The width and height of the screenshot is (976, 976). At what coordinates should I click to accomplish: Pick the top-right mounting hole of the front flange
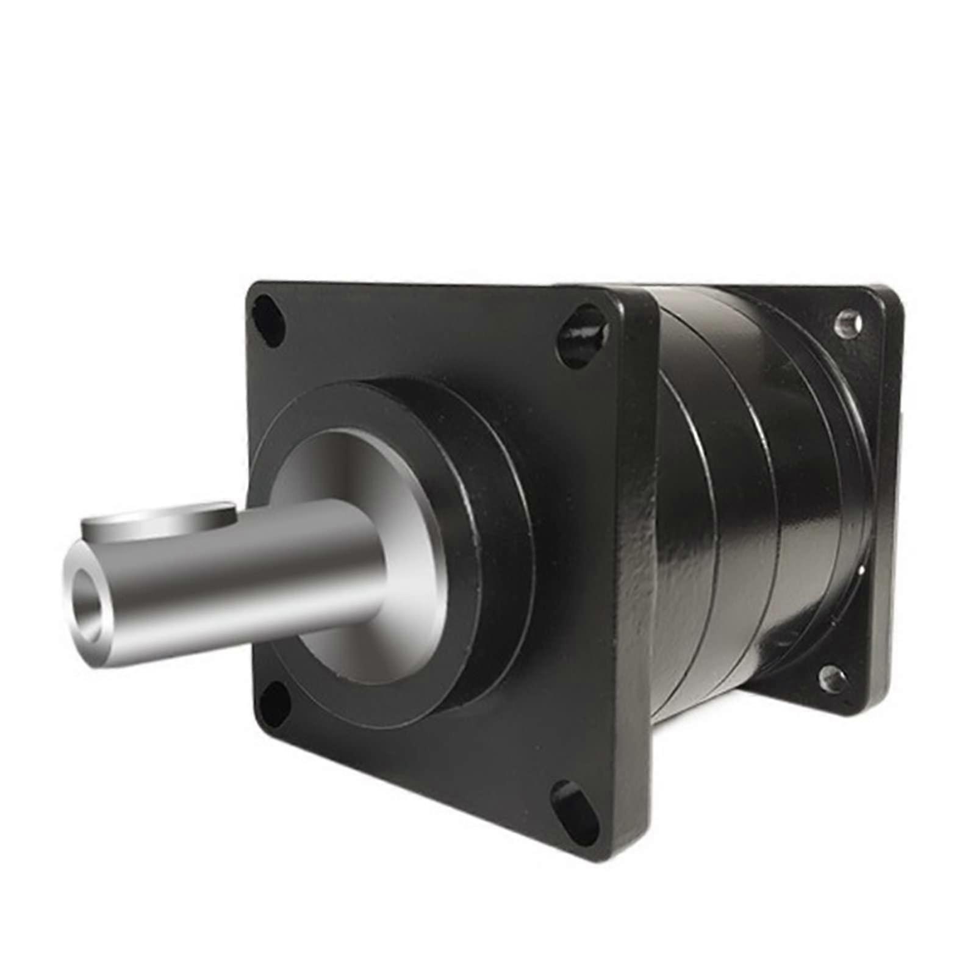[x=583, y=336]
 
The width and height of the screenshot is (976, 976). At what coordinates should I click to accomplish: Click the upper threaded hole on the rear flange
[x=849, y=323]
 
